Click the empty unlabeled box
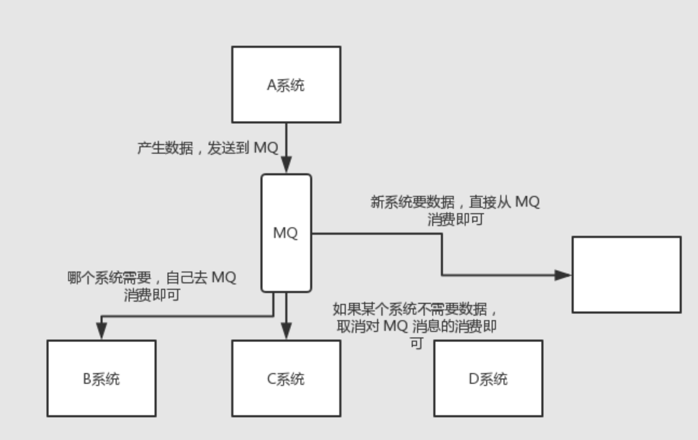coord(626,274)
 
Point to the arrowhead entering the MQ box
coord(286,165)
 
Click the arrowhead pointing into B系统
coord(102,331)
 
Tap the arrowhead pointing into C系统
coord(286,331)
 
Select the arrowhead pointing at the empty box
coord(563,274)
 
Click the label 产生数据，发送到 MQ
coord(207,148)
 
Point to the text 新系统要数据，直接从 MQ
coord(455,202)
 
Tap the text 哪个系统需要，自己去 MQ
coord(152,278)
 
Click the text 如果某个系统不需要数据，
coord(415,310)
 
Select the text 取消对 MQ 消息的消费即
coord(416,326)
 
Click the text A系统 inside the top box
coord(286,85)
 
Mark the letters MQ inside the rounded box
coord(285,234)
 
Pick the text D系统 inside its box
coord(488,379)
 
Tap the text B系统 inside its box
coord(102,379)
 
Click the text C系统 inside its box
coord(286,379)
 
